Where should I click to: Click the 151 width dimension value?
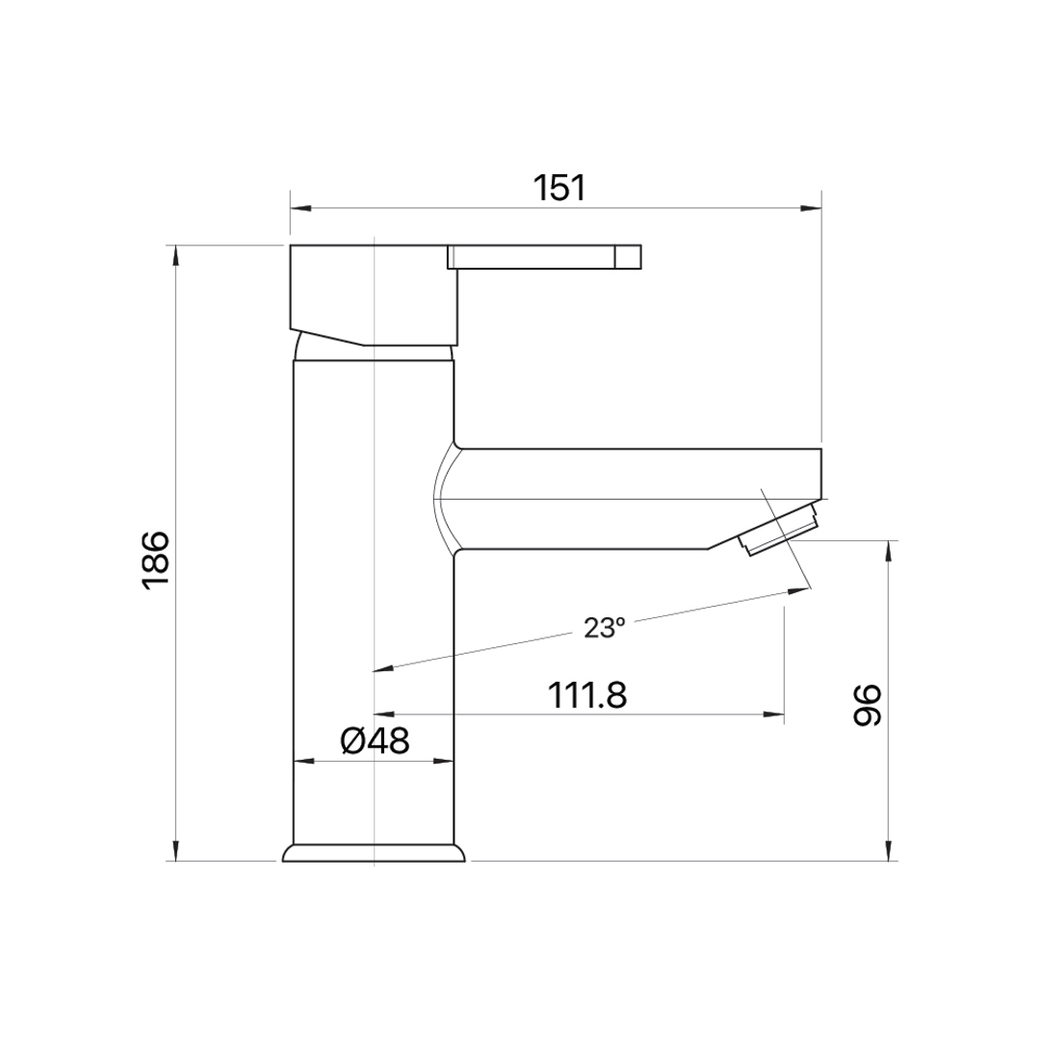coord(559,189)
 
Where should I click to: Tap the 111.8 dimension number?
coord(587,696)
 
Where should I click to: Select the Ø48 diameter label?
coord(375,741)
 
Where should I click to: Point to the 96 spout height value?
coord(867,705)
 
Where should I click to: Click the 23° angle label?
coord(604,628)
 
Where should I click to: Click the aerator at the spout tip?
coord(779,530)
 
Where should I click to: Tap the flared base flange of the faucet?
coord(374,853)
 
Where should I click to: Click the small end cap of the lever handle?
coord(628,257)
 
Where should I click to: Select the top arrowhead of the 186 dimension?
coord(176,255)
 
